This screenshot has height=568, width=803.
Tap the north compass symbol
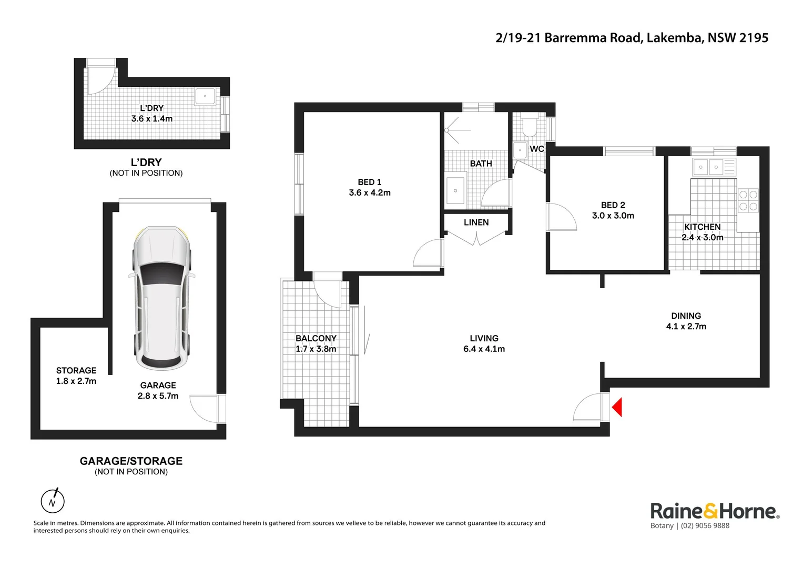(x=53, y=501)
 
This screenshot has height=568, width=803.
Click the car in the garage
(x=161, y=298)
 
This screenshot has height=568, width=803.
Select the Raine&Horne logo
(x=715, y=511)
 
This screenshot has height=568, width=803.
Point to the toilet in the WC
(x=528, y=126)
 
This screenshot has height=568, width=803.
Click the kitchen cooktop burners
(x=748, y=200)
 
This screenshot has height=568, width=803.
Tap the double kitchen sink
(x=708, y=167)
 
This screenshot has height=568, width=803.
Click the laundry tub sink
(x=205, y=96)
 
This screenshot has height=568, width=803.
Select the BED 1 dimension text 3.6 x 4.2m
(x=370, y=193)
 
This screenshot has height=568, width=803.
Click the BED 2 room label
(x=613, y=205)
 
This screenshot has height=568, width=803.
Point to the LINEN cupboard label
(x=476, y=222)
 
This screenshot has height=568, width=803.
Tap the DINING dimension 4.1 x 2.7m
(x=686, y=327)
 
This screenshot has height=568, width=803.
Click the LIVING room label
(x=484, y=338)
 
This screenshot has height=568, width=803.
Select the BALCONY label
(x=316, y=338)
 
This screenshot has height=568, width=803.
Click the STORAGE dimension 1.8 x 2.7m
(x=76, y=381)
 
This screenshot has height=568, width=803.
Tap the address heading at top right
(x=632, y=38)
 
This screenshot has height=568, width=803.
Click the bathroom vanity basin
(x=455, y=190)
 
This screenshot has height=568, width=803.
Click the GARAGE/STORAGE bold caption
(x=131, y=461)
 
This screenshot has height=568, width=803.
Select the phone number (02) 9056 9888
(x=705, y=526)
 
